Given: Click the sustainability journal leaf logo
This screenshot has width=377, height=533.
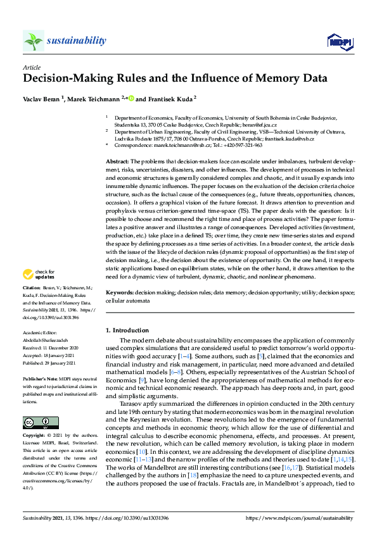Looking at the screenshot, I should coord(34,41).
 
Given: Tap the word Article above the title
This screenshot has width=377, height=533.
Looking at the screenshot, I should coord(32,66).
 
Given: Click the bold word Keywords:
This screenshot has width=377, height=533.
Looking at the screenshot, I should coord(120,294).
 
